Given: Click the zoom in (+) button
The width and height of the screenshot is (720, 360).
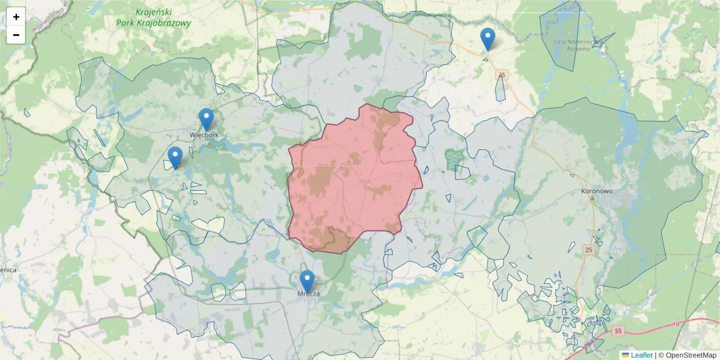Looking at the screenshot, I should (16, 17).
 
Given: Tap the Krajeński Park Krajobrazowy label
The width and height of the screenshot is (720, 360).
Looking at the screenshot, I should (154, 18).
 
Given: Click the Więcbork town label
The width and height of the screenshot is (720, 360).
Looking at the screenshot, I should (204, 135).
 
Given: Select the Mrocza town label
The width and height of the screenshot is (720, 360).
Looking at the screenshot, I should (308, 294).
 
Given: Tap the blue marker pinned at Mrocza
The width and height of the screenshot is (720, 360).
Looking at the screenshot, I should (307, 280).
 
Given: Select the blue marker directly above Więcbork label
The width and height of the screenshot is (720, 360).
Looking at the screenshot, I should (206, 118).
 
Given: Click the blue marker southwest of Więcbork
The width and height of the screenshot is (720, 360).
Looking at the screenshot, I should (175, 157).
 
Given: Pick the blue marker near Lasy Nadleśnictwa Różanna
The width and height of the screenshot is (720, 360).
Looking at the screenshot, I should (488, 38).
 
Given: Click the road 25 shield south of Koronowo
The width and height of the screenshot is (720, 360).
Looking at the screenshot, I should (588, 250).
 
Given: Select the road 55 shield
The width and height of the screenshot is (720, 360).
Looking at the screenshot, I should (619, 331).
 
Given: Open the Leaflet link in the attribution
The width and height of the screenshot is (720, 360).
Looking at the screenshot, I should (641, 355).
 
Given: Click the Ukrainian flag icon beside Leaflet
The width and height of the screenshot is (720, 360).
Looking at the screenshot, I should (625, 355).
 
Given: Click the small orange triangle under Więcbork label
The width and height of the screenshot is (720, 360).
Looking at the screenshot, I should (209, 143).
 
